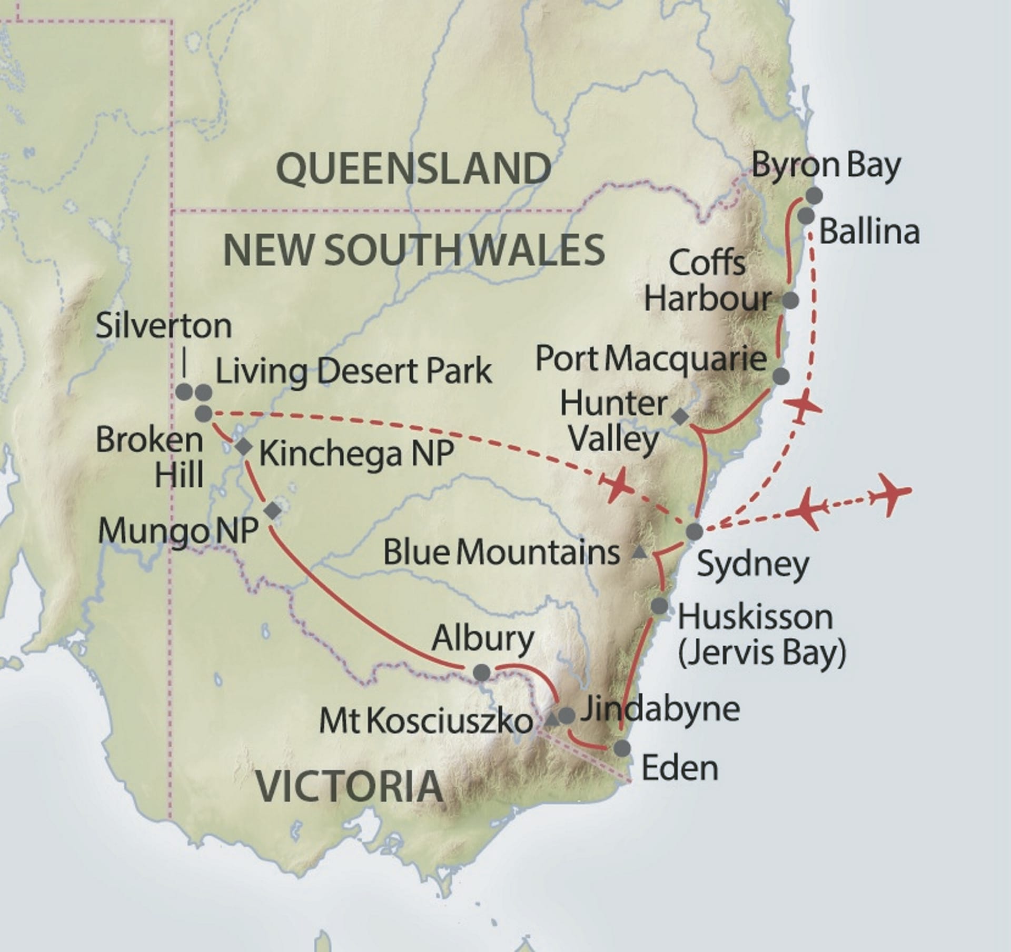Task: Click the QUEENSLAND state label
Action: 414,168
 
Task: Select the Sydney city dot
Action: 695,531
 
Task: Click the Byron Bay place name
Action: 826,165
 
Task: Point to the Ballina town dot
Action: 806,215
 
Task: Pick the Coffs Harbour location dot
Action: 791,300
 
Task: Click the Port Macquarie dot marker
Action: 781,376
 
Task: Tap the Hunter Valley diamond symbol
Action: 680,417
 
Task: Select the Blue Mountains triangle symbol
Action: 639,552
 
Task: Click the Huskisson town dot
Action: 659,606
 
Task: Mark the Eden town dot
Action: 622,748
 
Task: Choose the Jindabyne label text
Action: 660,709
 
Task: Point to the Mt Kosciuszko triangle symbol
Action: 551,720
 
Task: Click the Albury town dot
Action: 482,672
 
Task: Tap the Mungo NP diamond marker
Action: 272,510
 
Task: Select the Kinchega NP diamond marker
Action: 244,447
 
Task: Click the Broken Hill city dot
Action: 204,414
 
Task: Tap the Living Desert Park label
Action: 353,371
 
